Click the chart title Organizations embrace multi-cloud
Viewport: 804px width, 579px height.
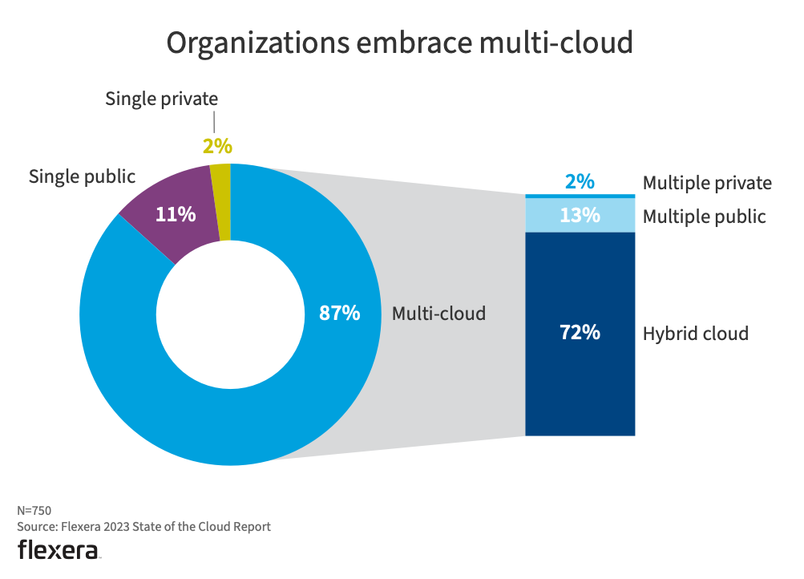(399, 43)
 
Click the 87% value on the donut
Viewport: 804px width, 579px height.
(339, 314)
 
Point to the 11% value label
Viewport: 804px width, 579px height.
(175, 214)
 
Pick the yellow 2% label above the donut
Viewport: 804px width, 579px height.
(216, 146)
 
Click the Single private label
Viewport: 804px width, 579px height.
(162, 99)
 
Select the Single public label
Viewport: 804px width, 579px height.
(82, 176)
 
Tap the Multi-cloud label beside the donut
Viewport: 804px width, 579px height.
(438, 314)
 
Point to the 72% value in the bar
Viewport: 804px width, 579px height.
(580, 333)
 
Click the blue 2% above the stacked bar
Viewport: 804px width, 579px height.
(580, 182)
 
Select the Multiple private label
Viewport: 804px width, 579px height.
(707, 184)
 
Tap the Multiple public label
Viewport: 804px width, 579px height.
(704, 217)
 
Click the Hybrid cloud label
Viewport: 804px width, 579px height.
(695, 334)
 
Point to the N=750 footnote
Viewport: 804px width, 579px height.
(34, 510)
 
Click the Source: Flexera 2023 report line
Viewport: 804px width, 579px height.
(144, 527)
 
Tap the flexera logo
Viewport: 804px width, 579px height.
(59, 550)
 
